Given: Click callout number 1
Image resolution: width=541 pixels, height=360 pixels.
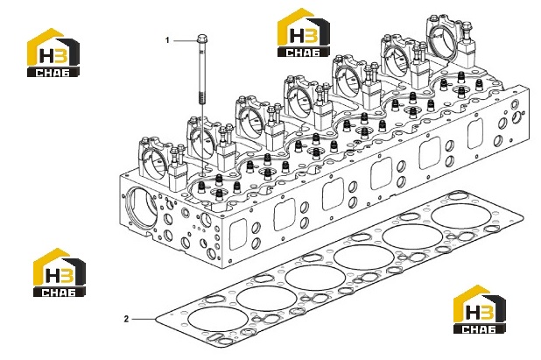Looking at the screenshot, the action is coord(168,40).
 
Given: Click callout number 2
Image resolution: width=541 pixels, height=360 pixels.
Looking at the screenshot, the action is coord(126,319).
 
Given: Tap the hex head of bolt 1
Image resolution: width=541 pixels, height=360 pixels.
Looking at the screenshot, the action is coord(201,38).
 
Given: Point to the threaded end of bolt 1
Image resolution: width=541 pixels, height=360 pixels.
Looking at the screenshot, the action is coord(201,96).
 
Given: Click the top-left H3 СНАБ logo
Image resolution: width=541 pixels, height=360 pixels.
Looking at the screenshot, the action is coord(53,53).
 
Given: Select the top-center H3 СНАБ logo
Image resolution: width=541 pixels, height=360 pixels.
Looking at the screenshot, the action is coord(304,32).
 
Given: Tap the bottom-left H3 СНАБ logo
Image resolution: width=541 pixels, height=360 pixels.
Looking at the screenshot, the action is coord(59,272).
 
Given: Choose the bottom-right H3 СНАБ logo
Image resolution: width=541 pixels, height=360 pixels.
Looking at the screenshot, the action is coord(480,309).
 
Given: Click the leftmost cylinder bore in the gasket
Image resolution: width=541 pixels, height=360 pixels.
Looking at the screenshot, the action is coord(218,319).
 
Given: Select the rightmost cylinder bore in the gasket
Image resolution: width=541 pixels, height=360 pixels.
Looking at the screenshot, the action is coord(461,216).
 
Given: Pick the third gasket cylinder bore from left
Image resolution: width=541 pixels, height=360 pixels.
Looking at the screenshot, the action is coord(315,279).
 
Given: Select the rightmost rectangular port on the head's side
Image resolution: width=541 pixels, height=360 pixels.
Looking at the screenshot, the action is coord(475,133).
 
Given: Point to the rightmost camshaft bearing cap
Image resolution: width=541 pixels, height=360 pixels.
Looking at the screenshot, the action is coord(443,39).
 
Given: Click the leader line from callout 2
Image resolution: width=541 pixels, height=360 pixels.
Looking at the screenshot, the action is coord(144,319).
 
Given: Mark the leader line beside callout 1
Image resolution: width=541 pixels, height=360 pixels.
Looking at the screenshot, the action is coord(185,40).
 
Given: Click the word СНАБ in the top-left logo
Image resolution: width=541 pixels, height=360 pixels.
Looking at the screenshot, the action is coord(53,73).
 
